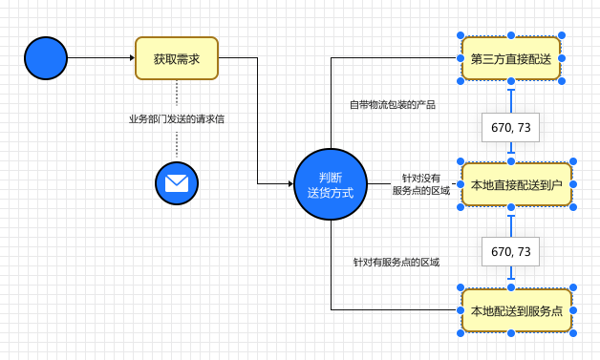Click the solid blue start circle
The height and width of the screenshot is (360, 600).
tap(46, 58)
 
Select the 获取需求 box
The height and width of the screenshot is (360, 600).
tap(177, 58)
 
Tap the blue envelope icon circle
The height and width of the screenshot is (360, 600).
tap(177, 183)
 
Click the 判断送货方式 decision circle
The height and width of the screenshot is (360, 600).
tap(331, 184)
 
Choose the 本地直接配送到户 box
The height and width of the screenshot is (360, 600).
tap(516, 184)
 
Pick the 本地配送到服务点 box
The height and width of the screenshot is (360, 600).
tap(516, 310)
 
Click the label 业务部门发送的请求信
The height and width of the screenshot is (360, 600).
tap(177, 119)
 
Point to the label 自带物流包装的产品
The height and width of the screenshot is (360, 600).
tap(392, 104)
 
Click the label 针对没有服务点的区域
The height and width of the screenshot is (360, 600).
tap(420, 184)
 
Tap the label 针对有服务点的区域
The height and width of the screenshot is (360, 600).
tap(396, 262)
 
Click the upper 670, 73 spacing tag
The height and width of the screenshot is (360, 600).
tap(511, 127)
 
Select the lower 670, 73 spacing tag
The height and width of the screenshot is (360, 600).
tap(511, 251)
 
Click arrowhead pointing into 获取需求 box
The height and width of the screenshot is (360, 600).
tap(131, 58)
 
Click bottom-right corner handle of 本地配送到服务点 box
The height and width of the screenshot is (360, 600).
tap(572, 333)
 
